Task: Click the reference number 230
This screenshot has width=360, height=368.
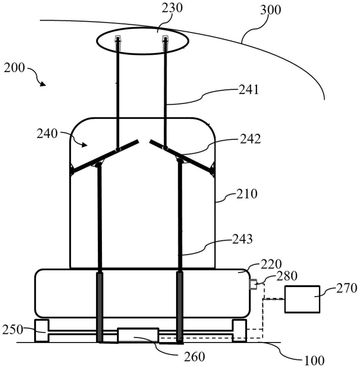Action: [172, 8]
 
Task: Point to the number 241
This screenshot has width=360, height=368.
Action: [248, 90]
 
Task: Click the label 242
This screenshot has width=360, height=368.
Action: [251, 139]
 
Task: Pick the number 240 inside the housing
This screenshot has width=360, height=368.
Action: [47, 134]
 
